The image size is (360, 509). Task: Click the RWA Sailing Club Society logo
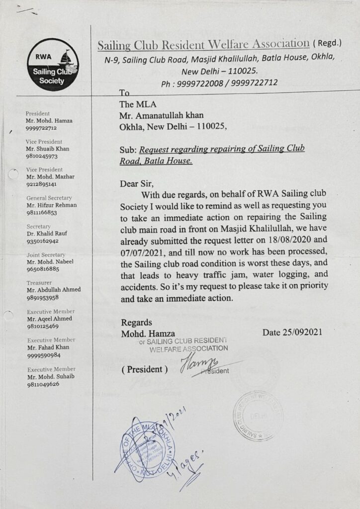[53, 64]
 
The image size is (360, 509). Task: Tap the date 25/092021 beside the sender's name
[292, 332]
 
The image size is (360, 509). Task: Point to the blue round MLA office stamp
[149, 449]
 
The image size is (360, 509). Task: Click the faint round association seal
[258, 416]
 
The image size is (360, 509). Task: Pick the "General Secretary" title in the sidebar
[49, 198]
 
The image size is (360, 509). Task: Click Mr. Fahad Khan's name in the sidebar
[48, 347]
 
